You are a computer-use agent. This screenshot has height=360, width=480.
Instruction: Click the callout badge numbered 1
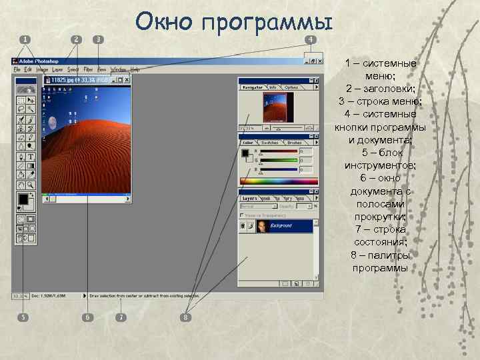click(25, 39)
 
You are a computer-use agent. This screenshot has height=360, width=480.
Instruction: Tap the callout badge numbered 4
click(311, 39)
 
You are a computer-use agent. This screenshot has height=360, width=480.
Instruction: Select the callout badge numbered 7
click(121, 317)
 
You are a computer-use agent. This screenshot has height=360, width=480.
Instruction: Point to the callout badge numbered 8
click(186, 317)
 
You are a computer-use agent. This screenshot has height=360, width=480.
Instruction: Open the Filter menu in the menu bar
click(88, 69)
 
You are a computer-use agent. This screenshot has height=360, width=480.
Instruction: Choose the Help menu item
click(135, 69)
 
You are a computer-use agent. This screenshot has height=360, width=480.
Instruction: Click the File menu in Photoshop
click(17, 69)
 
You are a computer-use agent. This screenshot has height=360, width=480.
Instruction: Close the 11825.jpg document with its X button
click(127, 80)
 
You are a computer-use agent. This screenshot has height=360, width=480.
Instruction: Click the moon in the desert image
click(53, 122)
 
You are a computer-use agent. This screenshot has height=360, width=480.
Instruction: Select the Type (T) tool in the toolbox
click(31, 157)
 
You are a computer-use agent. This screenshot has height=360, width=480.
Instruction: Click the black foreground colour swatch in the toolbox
click(23, 199)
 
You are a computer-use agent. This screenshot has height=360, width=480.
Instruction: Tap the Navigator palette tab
click(253, 87)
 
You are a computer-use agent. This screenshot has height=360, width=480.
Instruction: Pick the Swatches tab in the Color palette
click(269, 143)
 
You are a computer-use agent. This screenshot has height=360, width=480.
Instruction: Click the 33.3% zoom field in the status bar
click(18, 295)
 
